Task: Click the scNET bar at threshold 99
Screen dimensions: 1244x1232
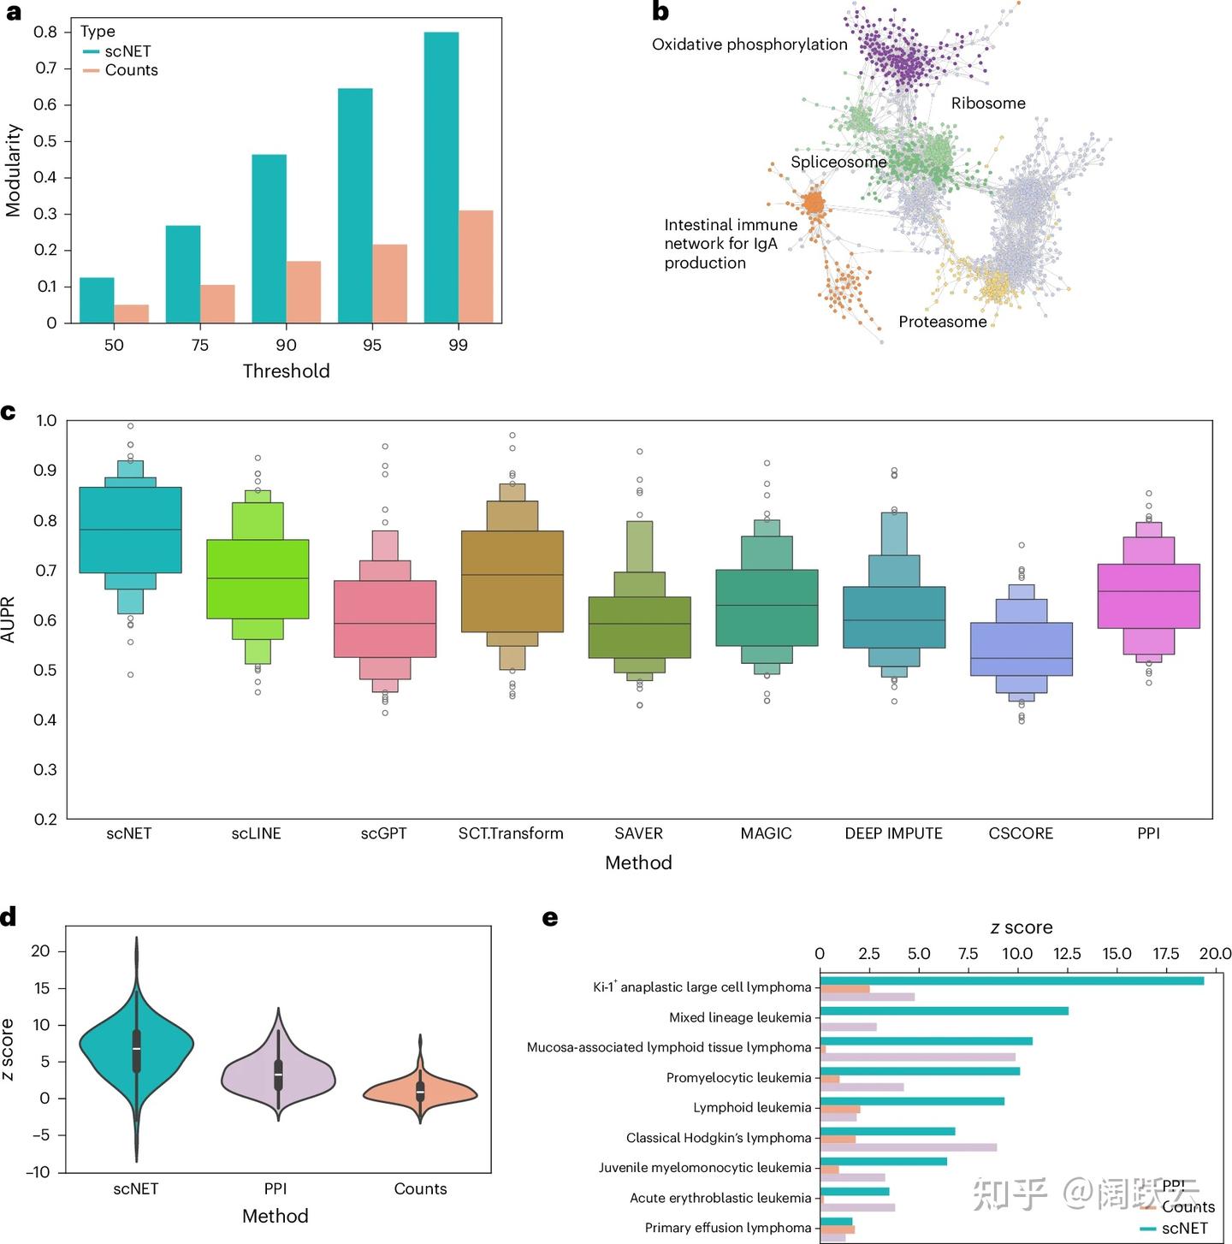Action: (x=441, y=177)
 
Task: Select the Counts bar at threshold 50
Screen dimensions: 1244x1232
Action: (x=132, y=313)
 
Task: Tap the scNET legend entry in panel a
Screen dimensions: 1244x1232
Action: (x=127, y=51)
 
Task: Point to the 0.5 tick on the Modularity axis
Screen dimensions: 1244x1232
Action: (x=45, y=141)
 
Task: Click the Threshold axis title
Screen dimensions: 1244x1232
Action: (x=286, y=370)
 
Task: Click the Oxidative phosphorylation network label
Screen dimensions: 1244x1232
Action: (x=749, y=44)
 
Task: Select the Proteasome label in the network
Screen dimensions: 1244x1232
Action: (x=942, y=322)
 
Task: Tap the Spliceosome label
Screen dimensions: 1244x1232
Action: (x=838, y=162)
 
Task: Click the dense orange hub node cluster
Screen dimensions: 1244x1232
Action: (x=813, y=204)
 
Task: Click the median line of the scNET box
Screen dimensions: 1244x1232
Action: (x=130, y=530)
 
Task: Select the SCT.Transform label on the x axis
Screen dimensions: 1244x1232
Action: (x=511, y=833)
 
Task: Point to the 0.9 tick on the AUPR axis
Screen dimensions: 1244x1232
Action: (x=45, y=471)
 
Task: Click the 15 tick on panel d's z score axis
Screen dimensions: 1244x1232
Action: (x=40, y=988)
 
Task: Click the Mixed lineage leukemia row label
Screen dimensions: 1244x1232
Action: (x=739, y=1017)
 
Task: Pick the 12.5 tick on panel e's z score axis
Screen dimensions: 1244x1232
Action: (x=1067, y=954)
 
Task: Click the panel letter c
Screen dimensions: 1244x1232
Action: (x=9, y=412)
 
